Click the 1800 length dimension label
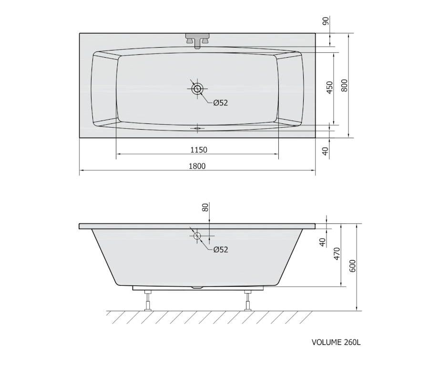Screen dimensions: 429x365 (x=197, y=166)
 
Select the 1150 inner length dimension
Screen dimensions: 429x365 (x=199, y=150)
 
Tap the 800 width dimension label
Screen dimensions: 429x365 (x=344, y=85)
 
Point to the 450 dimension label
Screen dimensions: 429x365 (x=330, y=87)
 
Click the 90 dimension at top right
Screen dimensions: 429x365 (x=326, y=21)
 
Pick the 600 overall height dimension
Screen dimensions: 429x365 (x=353, y=266)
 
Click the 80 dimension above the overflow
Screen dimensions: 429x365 (x=205, y=207)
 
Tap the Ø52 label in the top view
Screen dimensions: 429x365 (x=221, y=103)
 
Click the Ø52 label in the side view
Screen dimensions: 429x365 (x=221, y=250)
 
